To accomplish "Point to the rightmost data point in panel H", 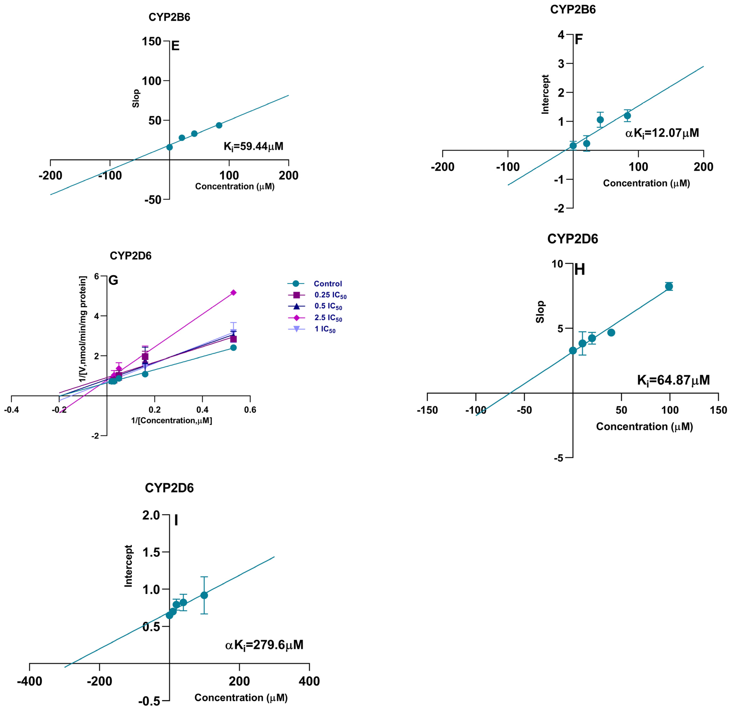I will coord(669,286).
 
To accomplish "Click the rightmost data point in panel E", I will coord(219,125).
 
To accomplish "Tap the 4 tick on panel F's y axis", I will coord(561,35).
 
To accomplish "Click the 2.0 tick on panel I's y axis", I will coord(151,515).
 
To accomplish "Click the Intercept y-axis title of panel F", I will coord(545,94).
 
